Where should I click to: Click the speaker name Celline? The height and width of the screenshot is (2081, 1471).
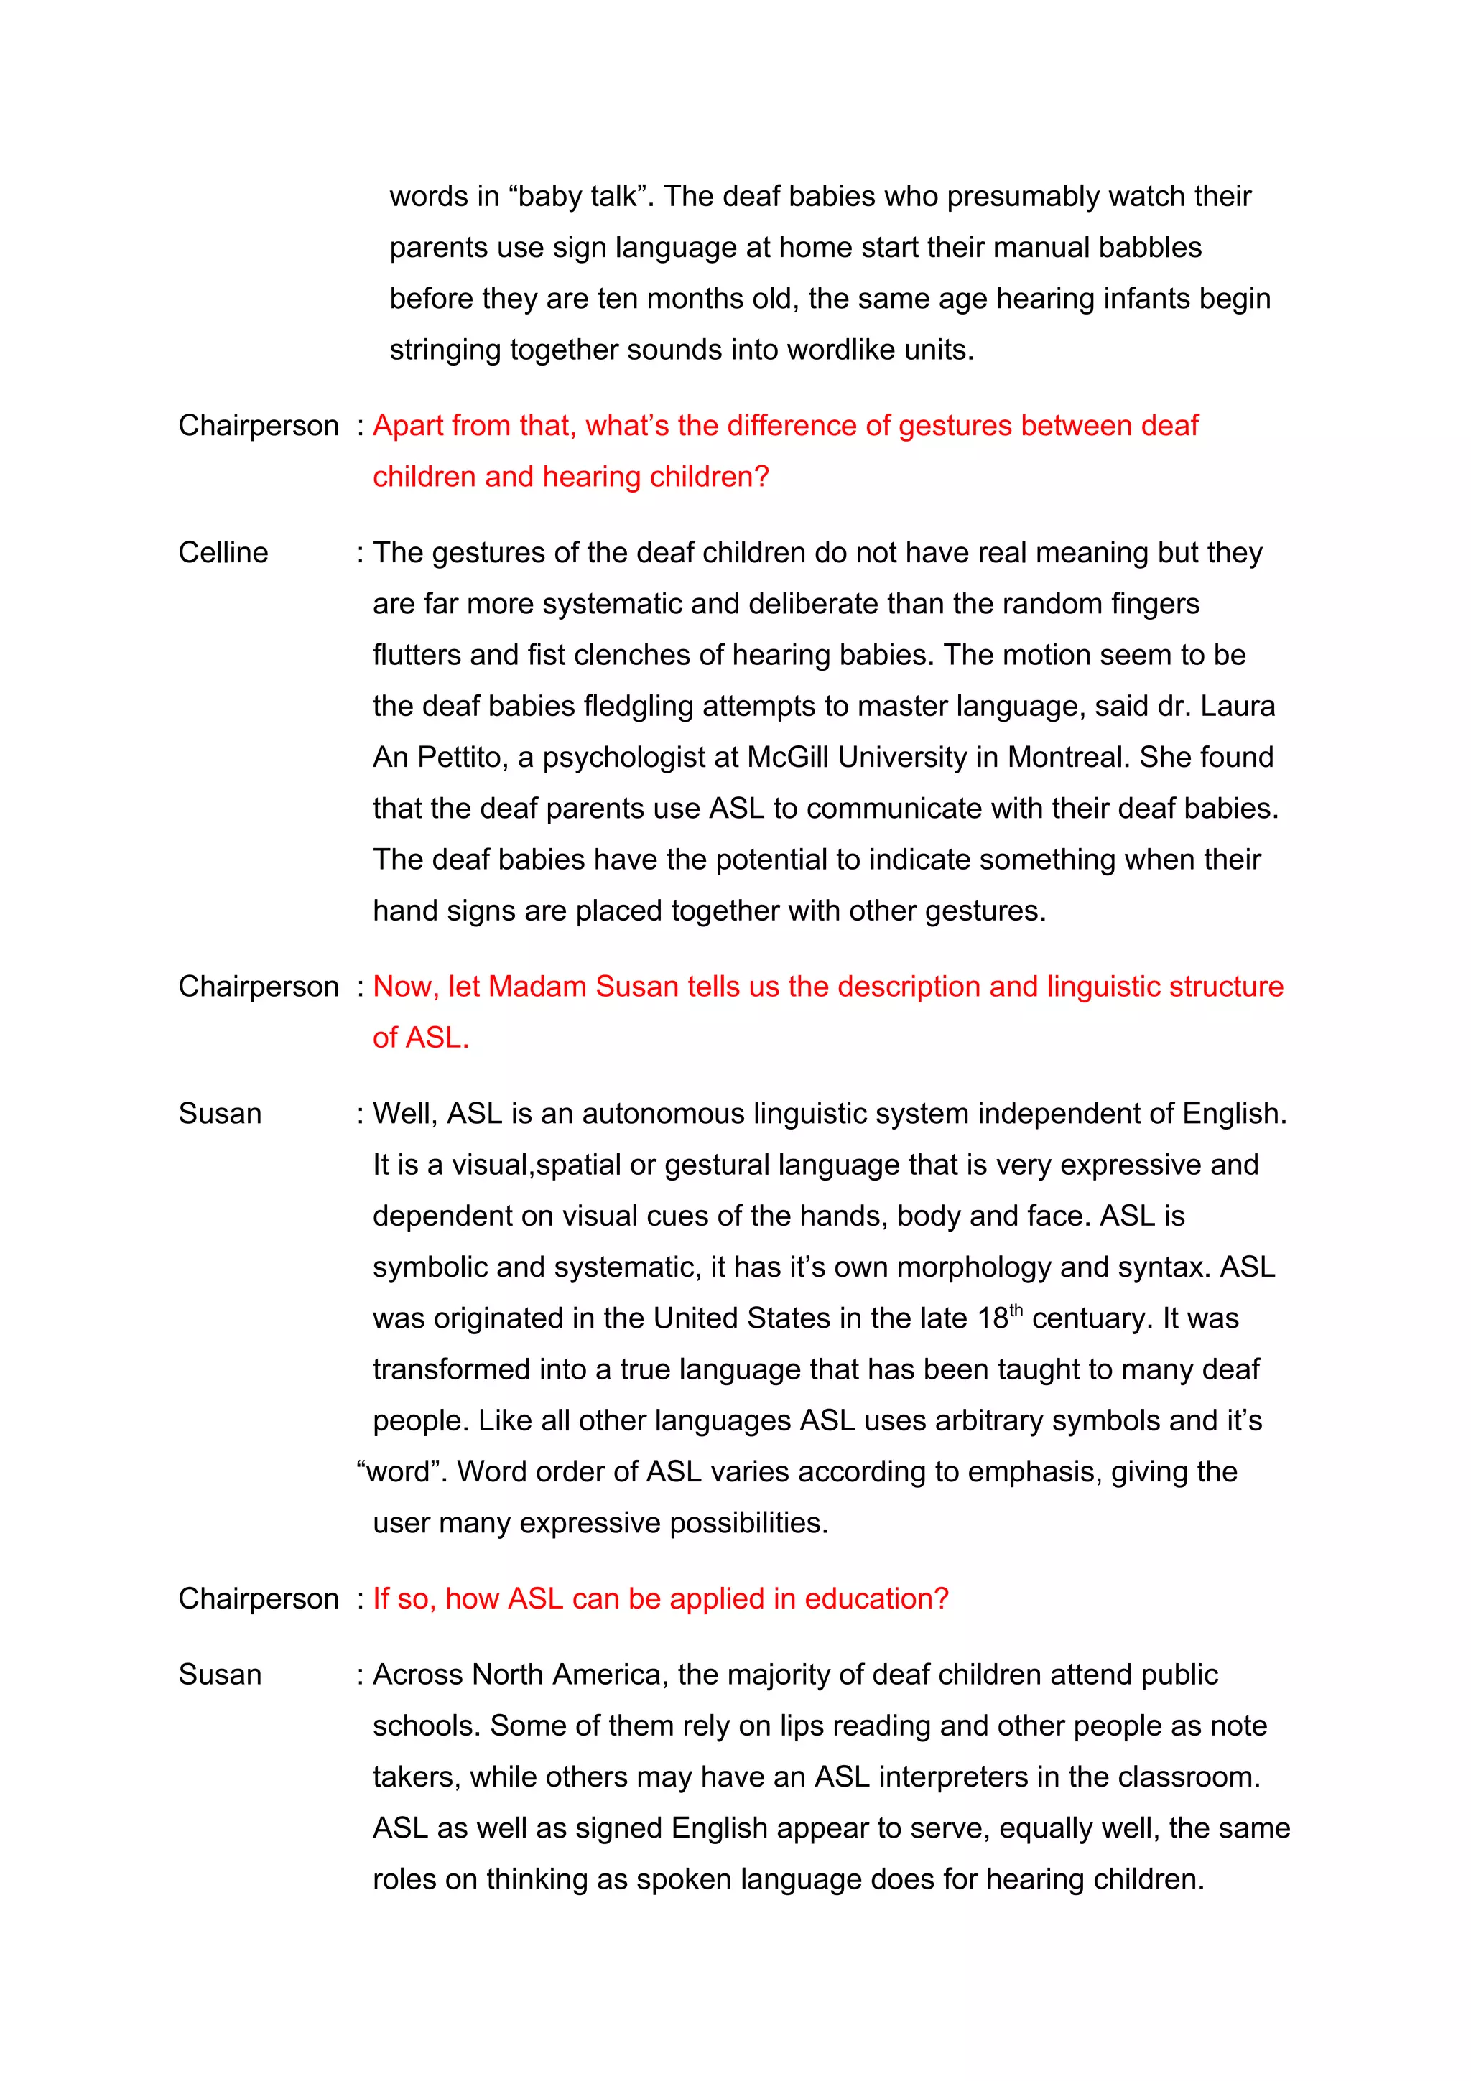coord(223,552)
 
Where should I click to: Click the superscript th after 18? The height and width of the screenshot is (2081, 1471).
coord(1016,1309)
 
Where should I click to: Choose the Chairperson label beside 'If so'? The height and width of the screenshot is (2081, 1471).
coord(259,1599)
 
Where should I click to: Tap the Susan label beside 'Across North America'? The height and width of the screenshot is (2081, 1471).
coord(219,1675)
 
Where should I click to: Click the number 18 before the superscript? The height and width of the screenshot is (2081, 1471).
coord(993,1318)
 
